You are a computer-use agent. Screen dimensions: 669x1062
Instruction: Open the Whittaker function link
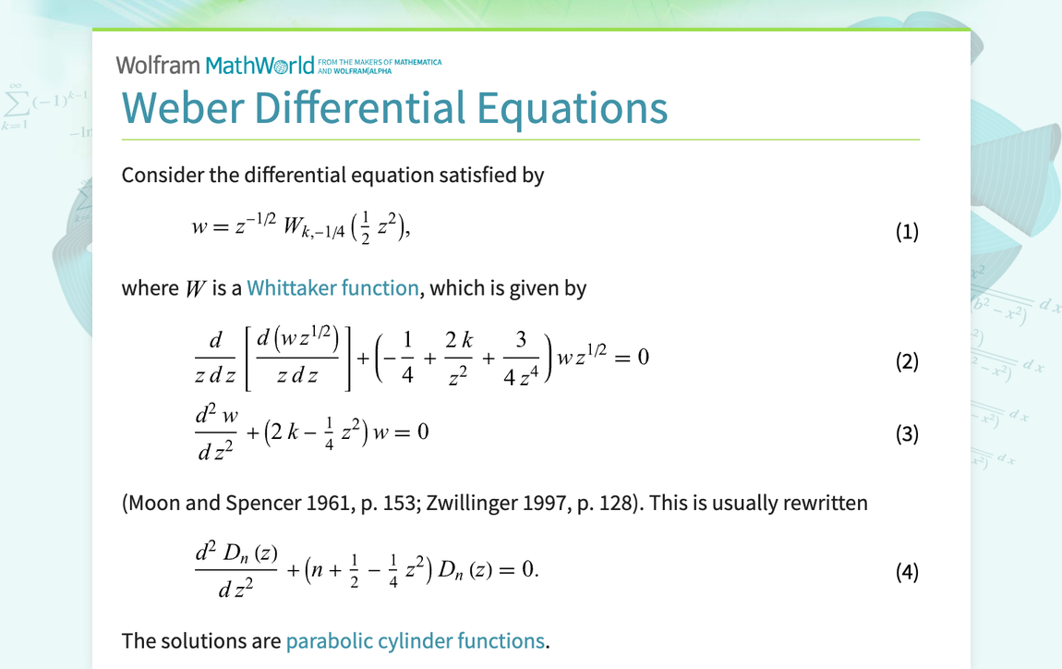tap(332, 288)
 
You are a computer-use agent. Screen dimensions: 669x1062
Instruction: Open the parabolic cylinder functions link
tap(415, 640)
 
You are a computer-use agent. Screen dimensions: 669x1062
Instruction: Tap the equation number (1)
tap(907, 231)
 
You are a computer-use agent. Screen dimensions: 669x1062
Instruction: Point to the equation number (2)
tap(907, 361)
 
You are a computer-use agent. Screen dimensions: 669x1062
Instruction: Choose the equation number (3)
tap(907, 433)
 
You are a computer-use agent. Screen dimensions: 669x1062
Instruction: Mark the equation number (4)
tap(907, 572)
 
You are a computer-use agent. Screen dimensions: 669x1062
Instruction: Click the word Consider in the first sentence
tap(160, 175)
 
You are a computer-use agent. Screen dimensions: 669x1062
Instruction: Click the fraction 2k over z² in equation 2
tap(458, 359)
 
